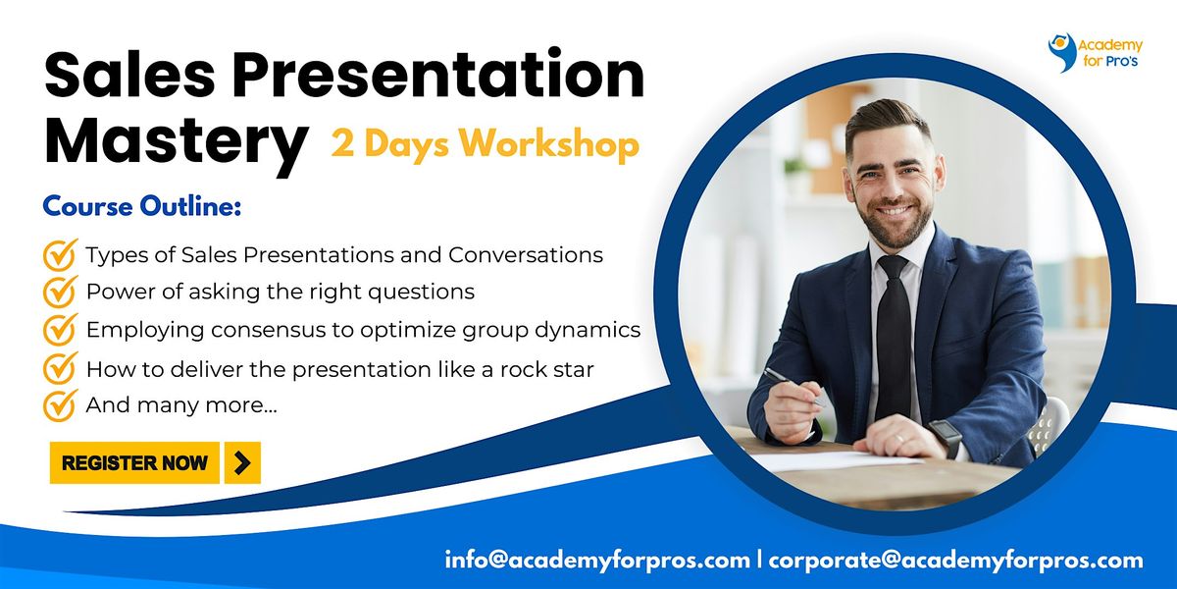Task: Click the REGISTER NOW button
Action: pos(134,462)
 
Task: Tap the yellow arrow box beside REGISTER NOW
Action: pos(242,462)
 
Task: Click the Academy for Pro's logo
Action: pos(1095,53)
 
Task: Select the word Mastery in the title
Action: pos(176,142)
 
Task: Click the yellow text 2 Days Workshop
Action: pos(485,143)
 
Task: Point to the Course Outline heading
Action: pos(142,206)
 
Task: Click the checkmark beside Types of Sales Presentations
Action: pos(60,254)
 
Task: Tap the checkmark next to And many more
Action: pos(60,405)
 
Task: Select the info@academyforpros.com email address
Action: pos(597,561)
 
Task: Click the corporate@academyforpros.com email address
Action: pos(955,561)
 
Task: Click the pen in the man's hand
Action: pos(793,387)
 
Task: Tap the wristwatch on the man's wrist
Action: pos(946,438)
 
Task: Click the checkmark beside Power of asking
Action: pos(60,292)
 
